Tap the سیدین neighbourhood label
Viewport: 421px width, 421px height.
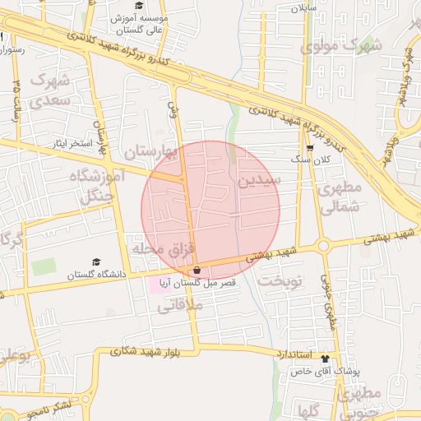(260, 178)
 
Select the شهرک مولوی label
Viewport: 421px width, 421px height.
(341, 46)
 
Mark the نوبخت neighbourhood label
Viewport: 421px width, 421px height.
(281, 280)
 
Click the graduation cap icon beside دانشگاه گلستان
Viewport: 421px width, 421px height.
(96, 261)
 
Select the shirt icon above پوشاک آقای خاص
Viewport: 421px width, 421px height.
(325, 359)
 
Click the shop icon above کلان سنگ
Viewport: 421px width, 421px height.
(310, 149)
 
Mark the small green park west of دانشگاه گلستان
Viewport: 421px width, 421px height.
(44, 267)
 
